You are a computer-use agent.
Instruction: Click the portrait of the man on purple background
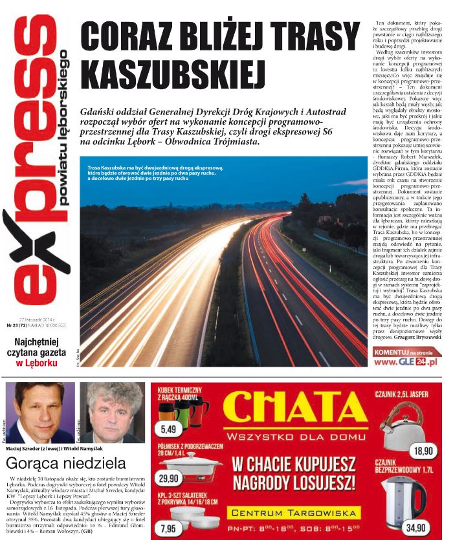pos(39,412)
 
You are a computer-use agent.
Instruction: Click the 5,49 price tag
pos(171,428)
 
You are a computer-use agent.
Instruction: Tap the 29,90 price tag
pos(170,479)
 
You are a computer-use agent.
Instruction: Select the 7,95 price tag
pos(170,528)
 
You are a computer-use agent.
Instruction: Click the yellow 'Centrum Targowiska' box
pos(294,513)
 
